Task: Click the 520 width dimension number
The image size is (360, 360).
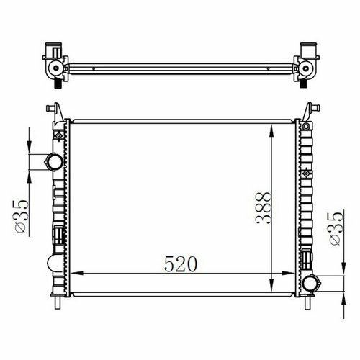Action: (181, 264)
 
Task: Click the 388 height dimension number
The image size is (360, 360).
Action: (264, 208)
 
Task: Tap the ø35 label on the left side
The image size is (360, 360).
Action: (21, 216)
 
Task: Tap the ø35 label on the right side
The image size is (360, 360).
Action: (336, 228)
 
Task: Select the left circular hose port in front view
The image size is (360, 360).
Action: (54, 162)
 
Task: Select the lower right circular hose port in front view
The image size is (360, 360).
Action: (311, 284)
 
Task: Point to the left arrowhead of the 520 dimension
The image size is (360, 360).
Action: (77, 273)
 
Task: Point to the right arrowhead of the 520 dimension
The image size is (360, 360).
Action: (288, 273)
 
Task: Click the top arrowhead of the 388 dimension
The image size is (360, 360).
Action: (271, 131)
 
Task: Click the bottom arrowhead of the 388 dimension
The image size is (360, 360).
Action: (271, 284)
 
